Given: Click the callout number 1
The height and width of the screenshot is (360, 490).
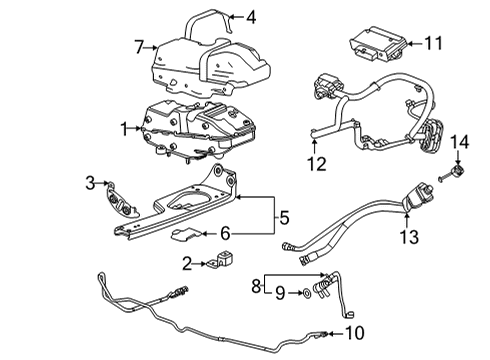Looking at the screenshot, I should tap(123, 129).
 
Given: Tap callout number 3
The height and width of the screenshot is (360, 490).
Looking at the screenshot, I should tap(89, 182).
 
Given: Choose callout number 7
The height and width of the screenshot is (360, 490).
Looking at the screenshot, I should tap(141, 46).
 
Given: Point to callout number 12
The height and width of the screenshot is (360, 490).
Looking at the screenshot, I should tap(315, 162).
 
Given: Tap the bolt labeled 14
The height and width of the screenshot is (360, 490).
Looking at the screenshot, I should tap(453, 175).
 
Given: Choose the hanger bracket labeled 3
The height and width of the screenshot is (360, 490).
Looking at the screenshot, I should tap(118, 197).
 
